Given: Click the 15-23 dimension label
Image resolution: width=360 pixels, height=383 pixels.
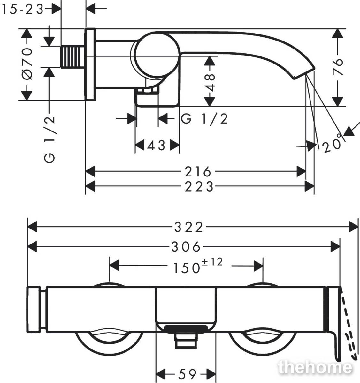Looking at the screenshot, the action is pos(23,9).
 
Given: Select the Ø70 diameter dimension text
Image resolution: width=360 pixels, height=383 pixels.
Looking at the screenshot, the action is pos(27,64).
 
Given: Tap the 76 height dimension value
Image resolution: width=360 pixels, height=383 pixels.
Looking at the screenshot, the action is pos(338,67).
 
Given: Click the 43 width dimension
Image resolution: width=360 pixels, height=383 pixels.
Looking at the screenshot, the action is pos(156,146).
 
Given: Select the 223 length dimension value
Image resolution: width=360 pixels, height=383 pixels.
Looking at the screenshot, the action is pos(199,187).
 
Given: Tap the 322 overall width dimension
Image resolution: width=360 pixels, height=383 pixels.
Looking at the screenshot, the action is pos(188,227).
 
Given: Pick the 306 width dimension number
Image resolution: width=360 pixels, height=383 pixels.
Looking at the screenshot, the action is pos(186,247).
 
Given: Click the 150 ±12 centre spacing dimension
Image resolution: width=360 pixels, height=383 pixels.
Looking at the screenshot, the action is pos(198,266).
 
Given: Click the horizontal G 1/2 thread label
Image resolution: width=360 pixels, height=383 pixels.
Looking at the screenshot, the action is pos(204,119).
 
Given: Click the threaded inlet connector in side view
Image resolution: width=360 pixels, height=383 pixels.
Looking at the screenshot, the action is pos(73,57).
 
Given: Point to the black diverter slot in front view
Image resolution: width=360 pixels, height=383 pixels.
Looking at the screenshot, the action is pos(186,328).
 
